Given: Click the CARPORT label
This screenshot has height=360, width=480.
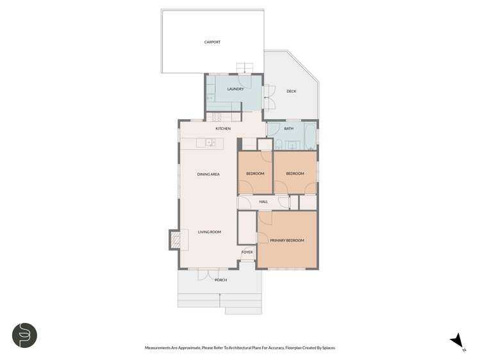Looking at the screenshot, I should pyautogui.click(x=212, y=42).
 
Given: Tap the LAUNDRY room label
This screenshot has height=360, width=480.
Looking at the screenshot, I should pyautogui.click(x=235, y=88).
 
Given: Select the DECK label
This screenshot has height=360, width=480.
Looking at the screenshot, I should pyautogui.click(x=291, y=92).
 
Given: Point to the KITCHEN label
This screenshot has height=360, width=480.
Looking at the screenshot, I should pyautogui.click(x=223, y=129).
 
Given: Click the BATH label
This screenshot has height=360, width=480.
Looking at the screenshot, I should pyautogui.click(x=289, y=129).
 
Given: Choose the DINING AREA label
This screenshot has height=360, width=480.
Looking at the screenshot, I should pyautogui.click(x=208, y=174).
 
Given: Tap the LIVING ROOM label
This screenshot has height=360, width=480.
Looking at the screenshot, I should pyautogui.click(x=209, y=232).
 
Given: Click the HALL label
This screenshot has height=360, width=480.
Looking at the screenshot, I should pyautogui.click(x=263, y=202).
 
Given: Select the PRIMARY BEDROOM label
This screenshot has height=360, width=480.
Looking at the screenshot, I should pyautogui.click(x=286, y=240).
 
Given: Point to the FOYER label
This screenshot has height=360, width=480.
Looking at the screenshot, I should pyautogui.click(x=247, y=252).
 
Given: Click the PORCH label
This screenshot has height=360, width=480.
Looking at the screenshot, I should pyautogui.click(x=221, y=280).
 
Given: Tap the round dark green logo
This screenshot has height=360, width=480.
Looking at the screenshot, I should pyautogui.click(x=25, y=335).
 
